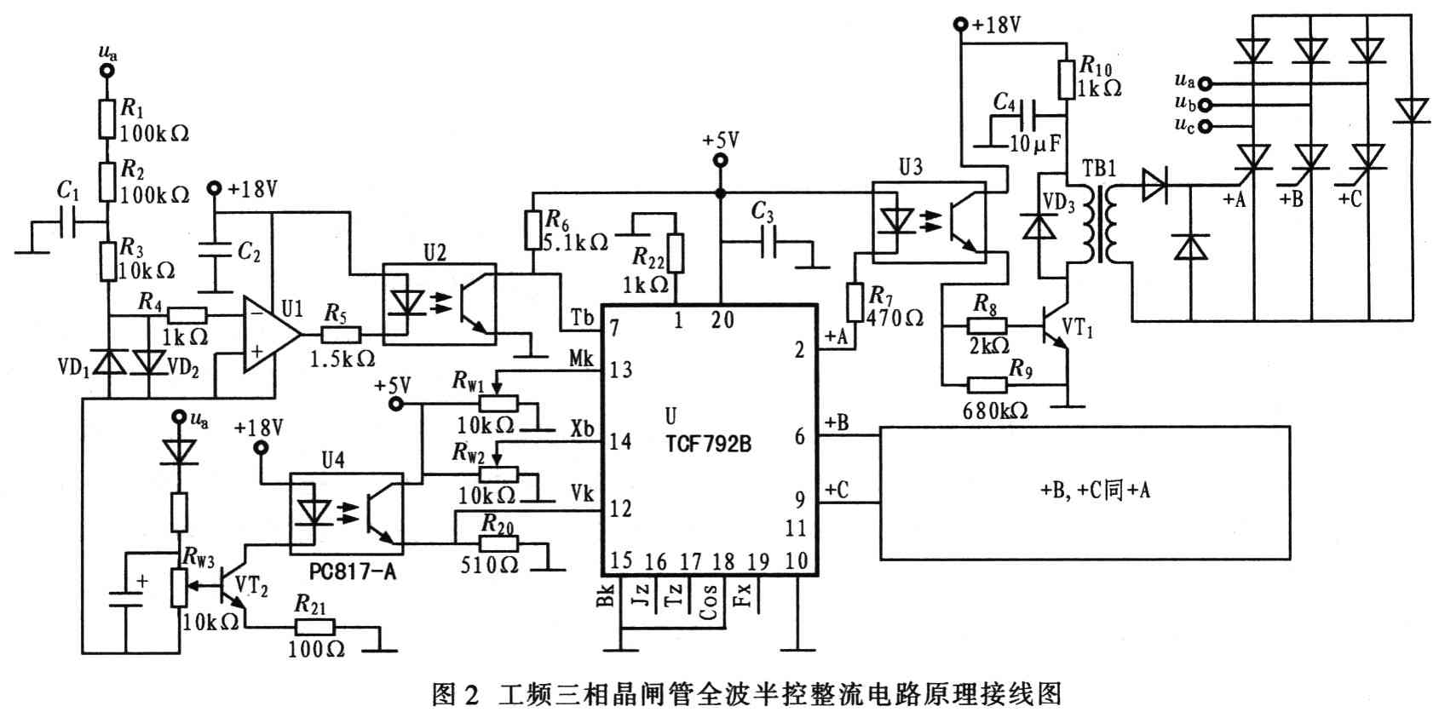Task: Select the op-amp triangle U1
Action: click(x=269, y=335)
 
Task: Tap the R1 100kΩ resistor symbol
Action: click(x=106, y=118)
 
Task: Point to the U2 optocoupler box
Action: click(x=439, y=303)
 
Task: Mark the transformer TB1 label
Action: click(x=1099, y=167)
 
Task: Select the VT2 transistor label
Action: click(x=251, y=585)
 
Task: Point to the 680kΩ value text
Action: click(x=995, y=411)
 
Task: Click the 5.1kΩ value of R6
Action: click(x=576, y=243)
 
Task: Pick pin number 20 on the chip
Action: click(x=722, y=320)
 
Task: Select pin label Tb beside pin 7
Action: click(x=583, y=319)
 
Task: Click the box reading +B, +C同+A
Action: click(x=1085, y=491)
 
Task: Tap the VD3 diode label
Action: click(x=1059, y=203)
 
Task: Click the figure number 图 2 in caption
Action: click(x=457, y=694)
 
